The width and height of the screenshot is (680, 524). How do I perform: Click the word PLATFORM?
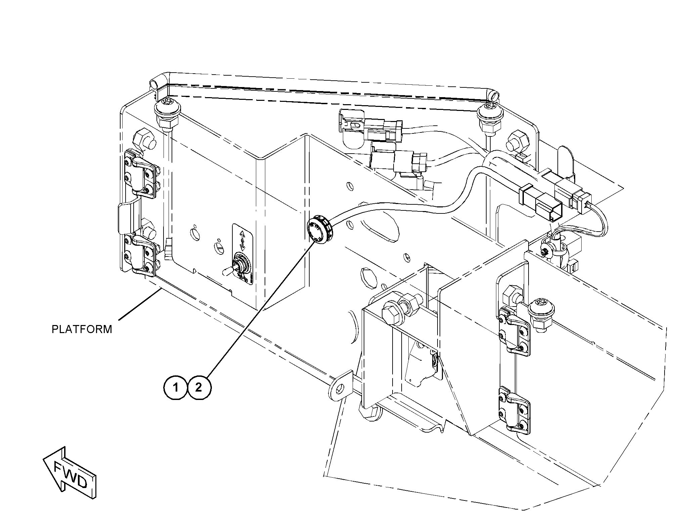point(82,329)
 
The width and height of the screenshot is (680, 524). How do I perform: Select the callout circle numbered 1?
point(176,388)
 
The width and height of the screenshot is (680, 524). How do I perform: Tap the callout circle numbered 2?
point(199,388)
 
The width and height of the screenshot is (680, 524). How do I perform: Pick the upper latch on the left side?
point(141,172)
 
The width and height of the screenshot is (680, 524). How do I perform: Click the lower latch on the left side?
point(141,252)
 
